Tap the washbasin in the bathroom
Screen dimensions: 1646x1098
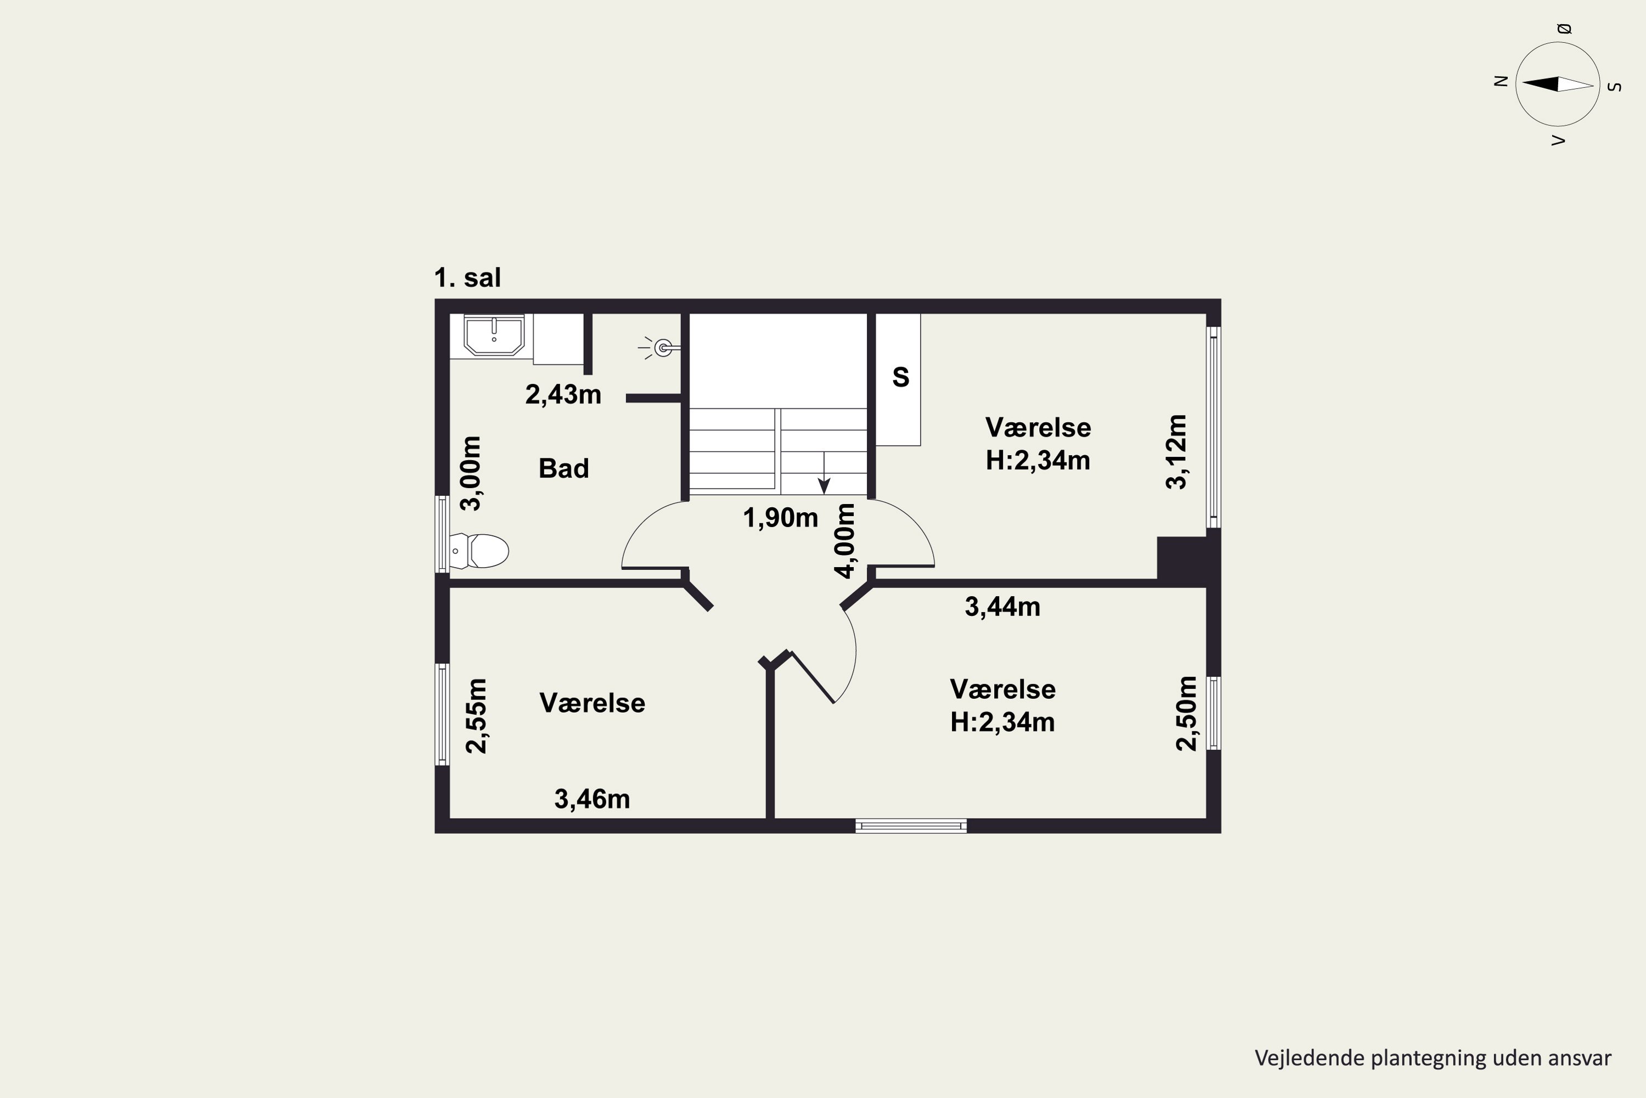click(494, 335)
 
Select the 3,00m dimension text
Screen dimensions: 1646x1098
click(471, 473)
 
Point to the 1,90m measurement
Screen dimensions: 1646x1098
click(780, 518)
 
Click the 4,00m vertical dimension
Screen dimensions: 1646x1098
click(845, 541)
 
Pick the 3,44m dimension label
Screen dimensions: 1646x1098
click(1002, 607)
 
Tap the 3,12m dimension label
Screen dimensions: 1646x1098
click(1176, 452)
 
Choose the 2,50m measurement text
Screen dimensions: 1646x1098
click(1186, 714)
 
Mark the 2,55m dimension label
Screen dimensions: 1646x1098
click(477, 716)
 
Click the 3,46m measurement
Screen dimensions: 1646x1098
click(592, 799)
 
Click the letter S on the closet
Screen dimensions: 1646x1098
click(901, 378)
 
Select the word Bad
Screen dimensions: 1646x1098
click(563, 468)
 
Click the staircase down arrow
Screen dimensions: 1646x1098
click(825, 473)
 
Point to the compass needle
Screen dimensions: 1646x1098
click(1558, 84)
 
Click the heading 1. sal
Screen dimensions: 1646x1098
click(467, 278)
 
